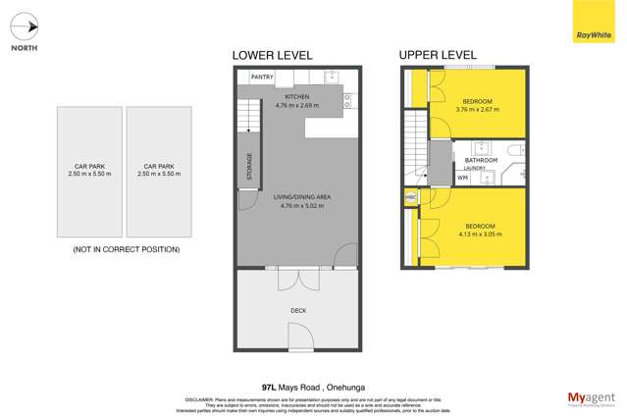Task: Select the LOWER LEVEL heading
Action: pyautogui.click(x=272, y=56)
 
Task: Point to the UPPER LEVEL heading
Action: pyautogui.click(x=438, y=56)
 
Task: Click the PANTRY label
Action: pyautogui.click(x=262, y=77)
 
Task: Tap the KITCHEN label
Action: pyautogui.click(x=296, y=97)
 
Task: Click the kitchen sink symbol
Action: pyautogui.click(x=331, y=76)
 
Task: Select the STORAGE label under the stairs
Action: pyautogui.click(x=250, y=165)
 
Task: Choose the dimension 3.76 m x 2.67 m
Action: pyautogui.click(x=478, y=109)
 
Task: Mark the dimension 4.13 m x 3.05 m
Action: pyautogui.click(x=481, y=235)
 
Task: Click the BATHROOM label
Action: pyautogui.click(x=482, y=161)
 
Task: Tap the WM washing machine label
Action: pyautogui.click(x=462, y=179)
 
